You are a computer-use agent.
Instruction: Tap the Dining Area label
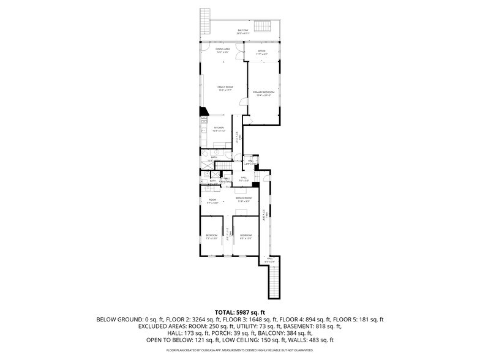(x=222, y=50)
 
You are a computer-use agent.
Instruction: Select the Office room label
(x=261, y=52)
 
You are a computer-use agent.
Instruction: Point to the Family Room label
(x=225, y=89)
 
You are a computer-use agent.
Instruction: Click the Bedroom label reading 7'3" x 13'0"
(x=211, y=237)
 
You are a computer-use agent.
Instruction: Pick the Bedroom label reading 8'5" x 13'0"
(x=246, y=237)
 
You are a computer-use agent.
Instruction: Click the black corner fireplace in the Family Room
(x=204, y=111)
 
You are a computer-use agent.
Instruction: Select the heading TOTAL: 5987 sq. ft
(x=240, y=312)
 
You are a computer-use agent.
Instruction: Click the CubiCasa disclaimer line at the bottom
(x=240, y=351)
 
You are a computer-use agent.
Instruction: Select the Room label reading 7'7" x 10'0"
(x=212, y=200)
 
